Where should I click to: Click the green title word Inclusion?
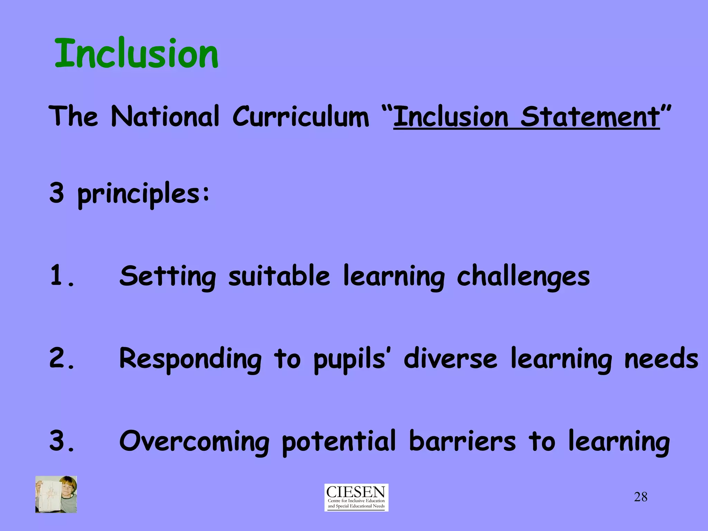[137, 54]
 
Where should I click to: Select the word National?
[165, 116]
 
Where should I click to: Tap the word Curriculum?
[301, 116]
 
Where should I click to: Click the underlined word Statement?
[590, 117]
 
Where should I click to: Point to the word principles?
[143, 194]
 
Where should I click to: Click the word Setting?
[168, 277]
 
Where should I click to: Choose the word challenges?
[523, 277]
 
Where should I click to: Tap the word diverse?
[450, 358]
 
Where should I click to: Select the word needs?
[661, 359]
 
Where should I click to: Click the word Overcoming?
[194, 442]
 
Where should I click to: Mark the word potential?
[339, 441]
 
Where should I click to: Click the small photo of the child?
[56, 494]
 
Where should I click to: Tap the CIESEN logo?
[356, 497]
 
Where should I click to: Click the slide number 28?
[641, 497]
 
